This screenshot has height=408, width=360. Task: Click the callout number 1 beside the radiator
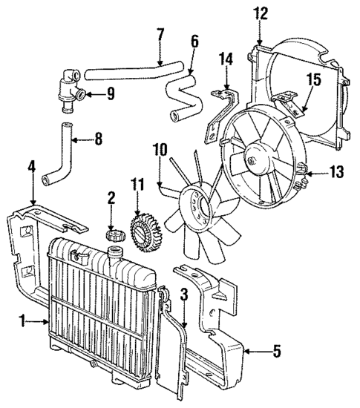pyautogui.click(x=22, y=321)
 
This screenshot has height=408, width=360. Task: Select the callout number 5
pyautogui.click(x=276, y=351)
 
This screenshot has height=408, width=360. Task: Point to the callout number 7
pyautogui.click(x=159, y=35)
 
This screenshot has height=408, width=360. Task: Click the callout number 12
pyautogui.click(x=260, y=13)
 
